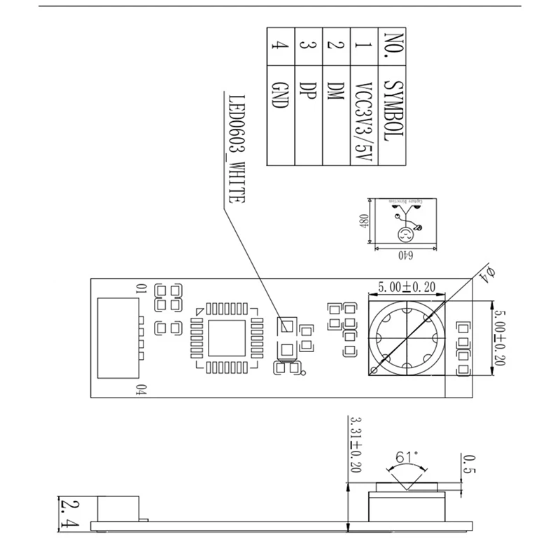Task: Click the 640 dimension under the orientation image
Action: (405, 255)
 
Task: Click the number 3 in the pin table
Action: (307, 47)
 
